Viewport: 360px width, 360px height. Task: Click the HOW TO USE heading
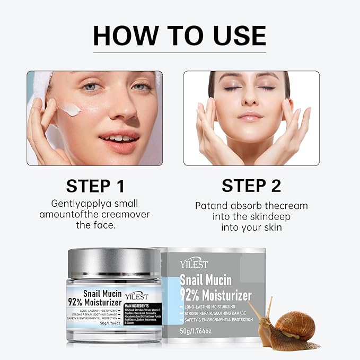point(179,35)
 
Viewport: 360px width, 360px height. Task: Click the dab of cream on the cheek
point(70,110)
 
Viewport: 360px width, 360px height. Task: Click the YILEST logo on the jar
point(137,296)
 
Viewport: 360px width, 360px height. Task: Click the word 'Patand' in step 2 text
point(213,205)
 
